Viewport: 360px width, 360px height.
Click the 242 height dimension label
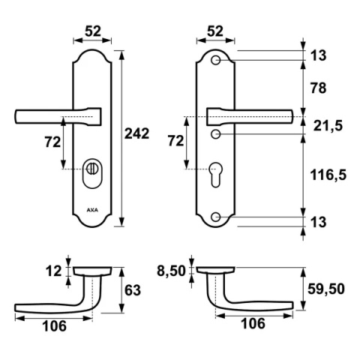click(136, 133)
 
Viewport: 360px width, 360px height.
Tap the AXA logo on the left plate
click(92, 210)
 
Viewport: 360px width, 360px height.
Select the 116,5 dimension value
click(328, 175)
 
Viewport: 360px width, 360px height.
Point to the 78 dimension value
click(319, 88)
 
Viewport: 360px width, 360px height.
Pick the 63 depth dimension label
click(133, 290)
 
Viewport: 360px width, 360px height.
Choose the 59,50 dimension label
click(326, 289)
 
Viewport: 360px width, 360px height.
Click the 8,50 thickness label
click(171, 271)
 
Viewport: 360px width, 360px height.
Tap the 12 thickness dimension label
click(53, 271)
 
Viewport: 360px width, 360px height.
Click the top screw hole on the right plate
click(215, 60)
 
